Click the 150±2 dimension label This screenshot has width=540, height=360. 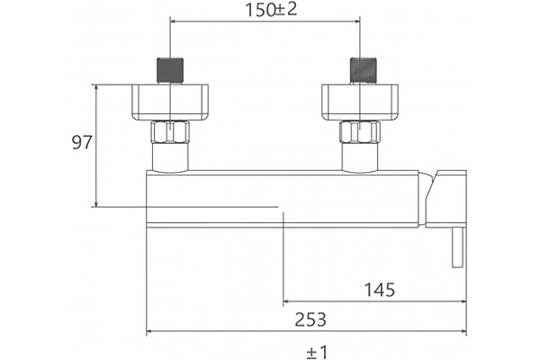(271, 10)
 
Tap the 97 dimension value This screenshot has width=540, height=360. (82, 142)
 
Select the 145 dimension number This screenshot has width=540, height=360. (380, 290)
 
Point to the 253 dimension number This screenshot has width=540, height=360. (310, 319)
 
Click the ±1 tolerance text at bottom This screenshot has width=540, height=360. (317, 352)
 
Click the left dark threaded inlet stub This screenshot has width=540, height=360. (170, 70)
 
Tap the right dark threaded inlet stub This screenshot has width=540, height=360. (364, 70)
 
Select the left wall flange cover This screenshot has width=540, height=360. (170, 103)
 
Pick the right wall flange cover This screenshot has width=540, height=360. (360, 103)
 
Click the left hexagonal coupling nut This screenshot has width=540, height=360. (170, 132)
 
